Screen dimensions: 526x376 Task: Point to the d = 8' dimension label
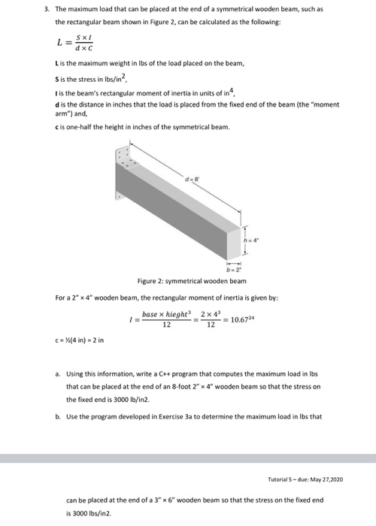pyautogui.click(x=198, y=178)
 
